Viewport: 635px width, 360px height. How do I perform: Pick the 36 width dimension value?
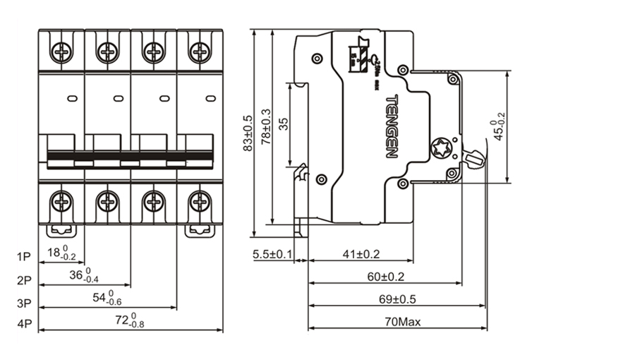coord(84,275)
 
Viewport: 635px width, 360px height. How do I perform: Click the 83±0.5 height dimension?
coord(247,133)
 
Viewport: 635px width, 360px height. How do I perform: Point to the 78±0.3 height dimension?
coord(265,127)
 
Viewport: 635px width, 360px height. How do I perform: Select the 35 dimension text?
coord(284,125)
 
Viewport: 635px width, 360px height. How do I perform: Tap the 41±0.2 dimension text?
coord(361,253)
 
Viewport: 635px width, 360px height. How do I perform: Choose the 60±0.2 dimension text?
coord(385,276)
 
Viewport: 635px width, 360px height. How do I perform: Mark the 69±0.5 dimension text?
coord(396,299)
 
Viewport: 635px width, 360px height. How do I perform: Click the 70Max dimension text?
coord(403,322)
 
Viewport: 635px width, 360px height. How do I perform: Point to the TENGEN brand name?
coord(392,126)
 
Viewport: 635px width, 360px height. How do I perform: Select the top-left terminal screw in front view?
coord(61,52)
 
